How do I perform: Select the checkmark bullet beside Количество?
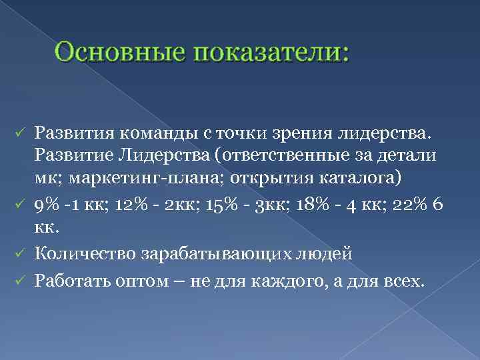(x=21, y=254)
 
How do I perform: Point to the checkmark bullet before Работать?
(x=21, y=281)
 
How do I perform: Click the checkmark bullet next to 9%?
(x=21, y=204)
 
